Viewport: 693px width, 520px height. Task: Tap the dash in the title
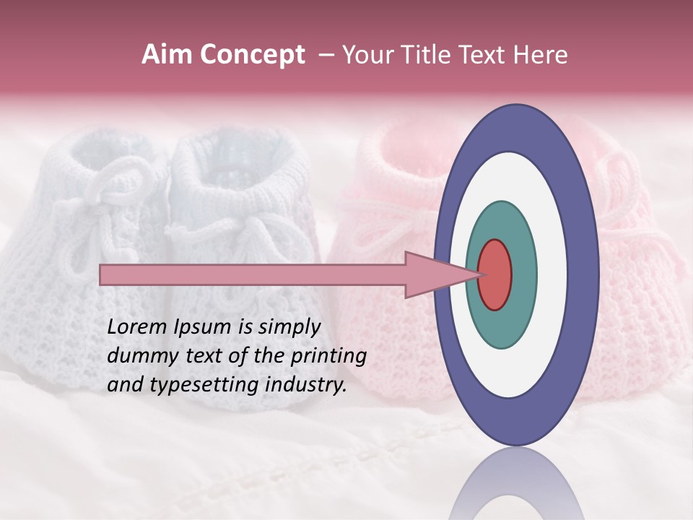(x=326, y=55)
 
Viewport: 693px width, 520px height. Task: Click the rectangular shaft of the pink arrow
(x=253, y=274)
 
